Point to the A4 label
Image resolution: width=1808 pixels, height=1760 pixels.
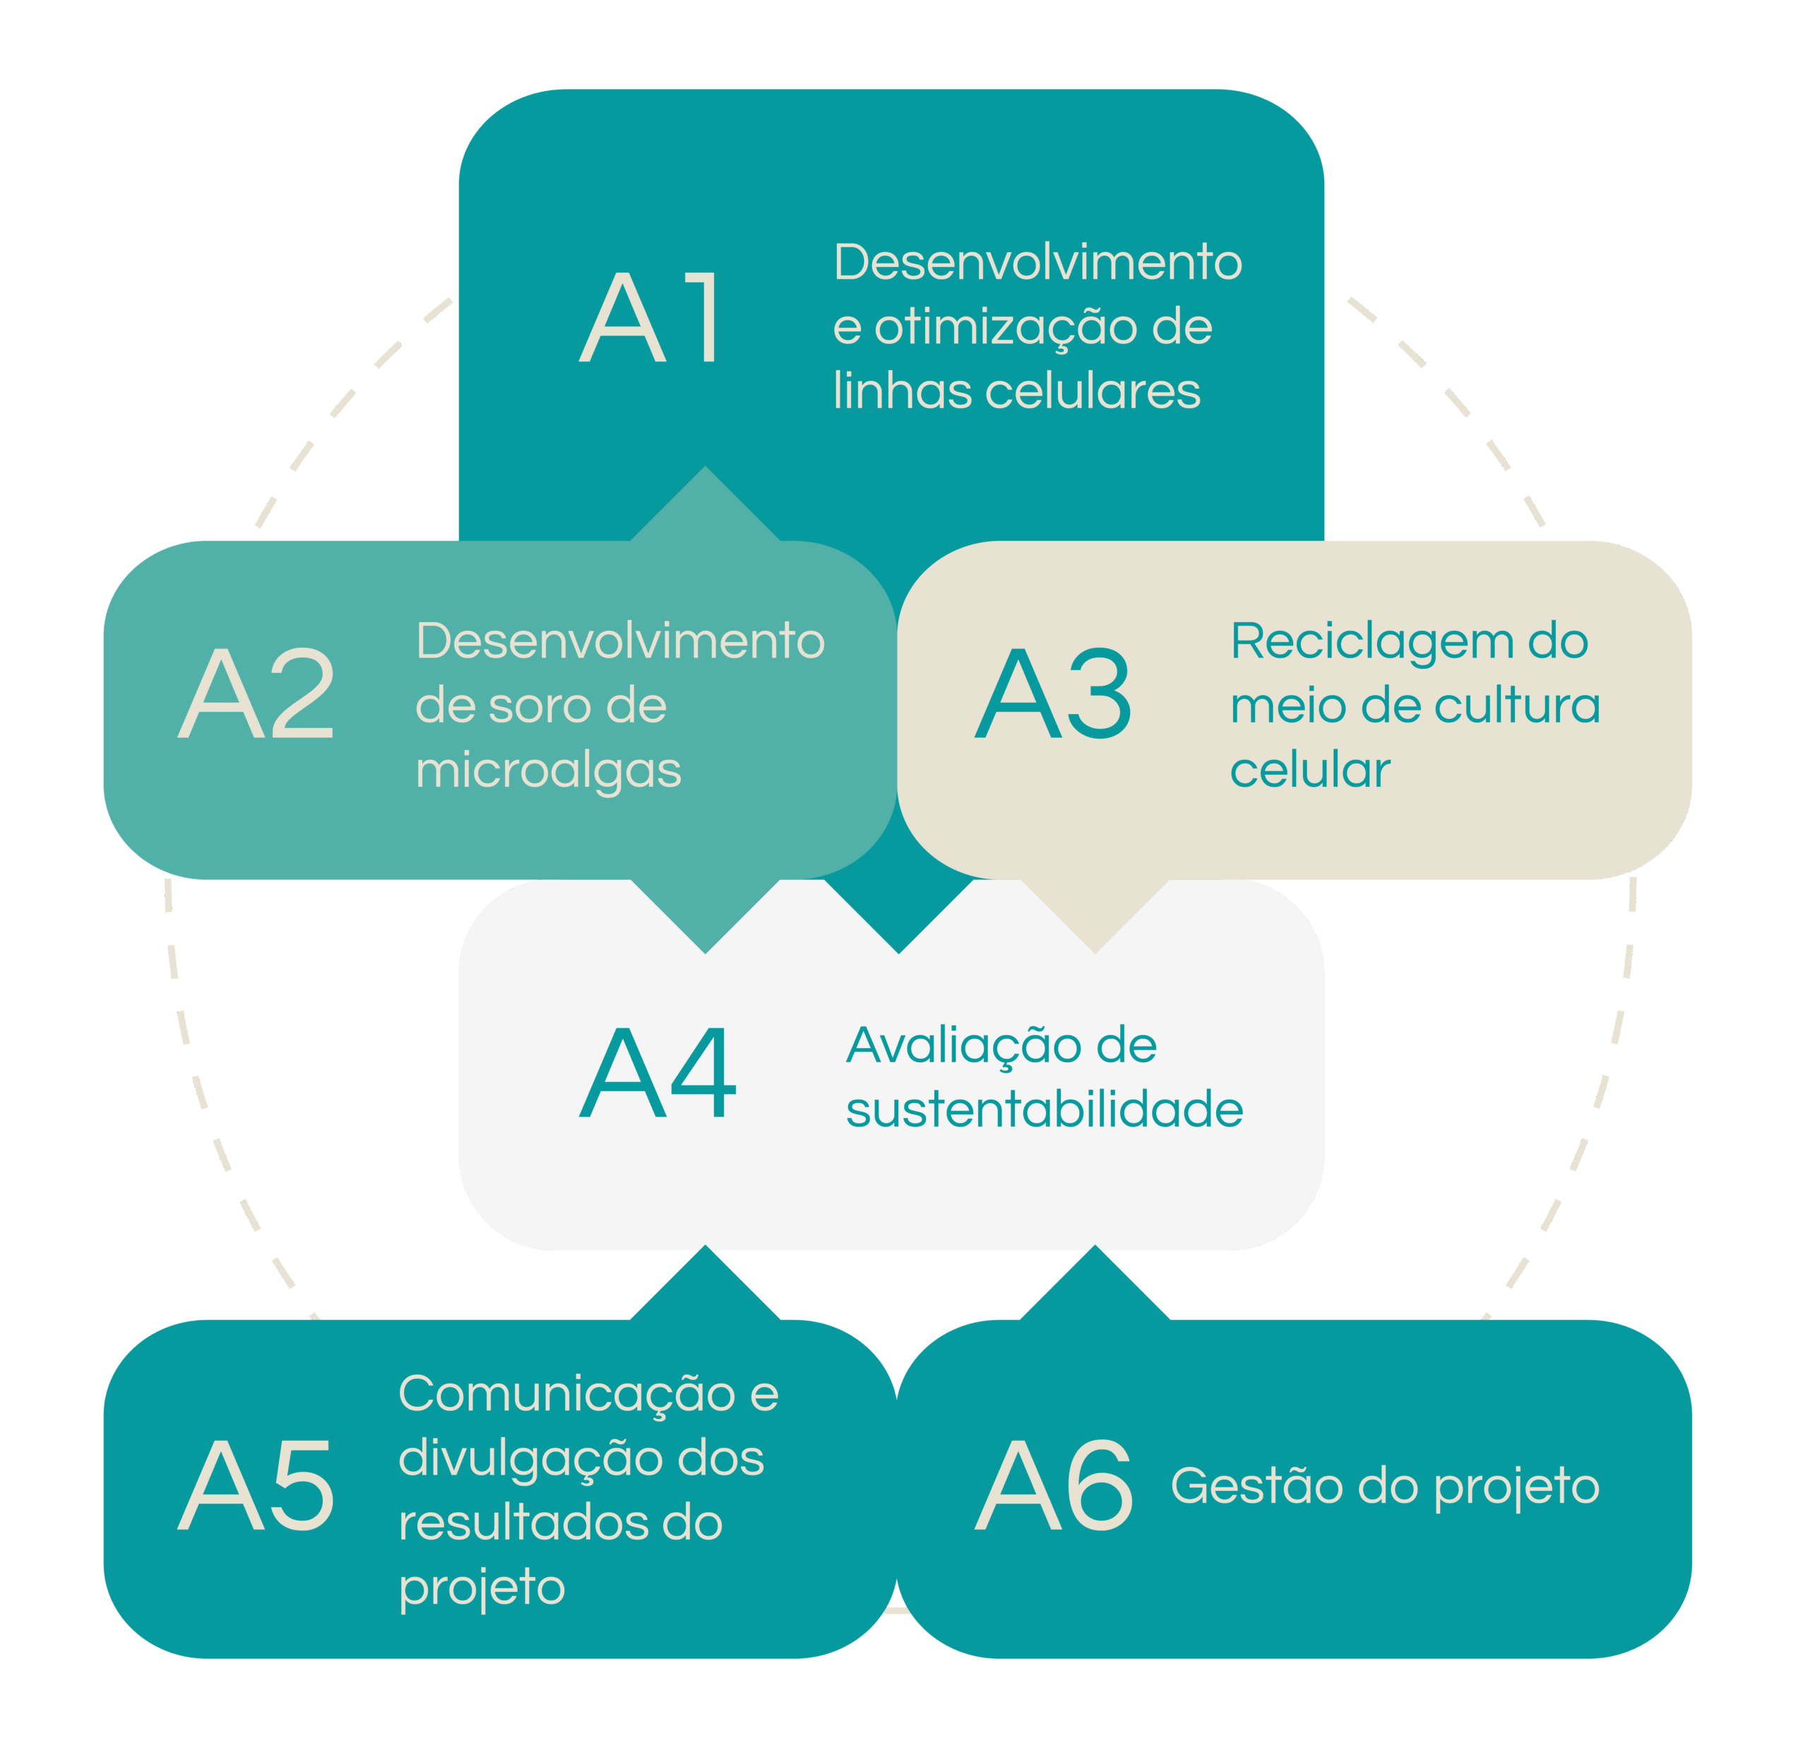click(x=658, y=1072)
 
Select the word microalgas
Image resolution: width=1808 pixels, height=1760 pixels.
click(x=548, y=772)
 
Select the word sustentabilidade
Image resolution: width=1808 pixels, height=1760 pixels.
click(x=1045, y=1110)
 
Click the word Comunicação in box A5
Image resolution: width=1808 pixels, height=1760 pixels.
click(x=566, y=1396)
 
